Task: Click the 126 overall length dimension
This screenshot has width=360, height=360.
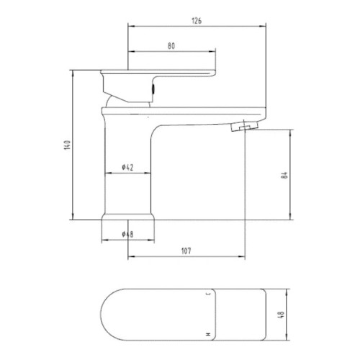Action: click(196, 20)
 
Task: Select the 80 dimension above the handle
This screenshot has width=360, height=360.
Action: click(171, 45)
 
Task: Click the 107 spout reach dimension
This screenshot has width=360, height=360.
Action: click(186, 251)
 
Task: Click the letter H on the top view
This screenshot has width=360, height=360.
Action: click(209, 335)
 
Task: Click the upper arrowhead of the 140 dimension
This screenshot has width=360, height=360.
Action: click(73, 72)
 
